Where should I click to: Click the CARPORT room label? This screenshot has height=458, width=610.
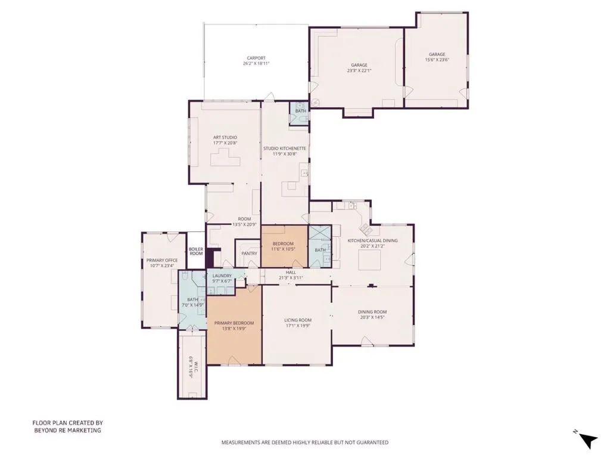point(256,58)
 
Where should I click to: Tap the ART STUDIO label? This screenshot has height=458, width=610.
point(225,138)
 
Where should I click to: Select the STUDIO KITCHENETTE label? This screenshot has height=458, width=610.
point(285,148)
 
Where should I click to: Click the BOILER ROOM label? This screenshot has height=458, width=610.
point(196,251)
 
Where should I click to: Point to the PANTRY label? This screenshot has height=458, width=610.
point(249,253)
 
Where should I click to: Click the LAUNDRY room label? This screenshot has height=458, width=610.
point(222,276)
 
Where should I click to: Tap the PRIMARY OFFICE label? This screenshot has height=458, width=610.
point(162,260)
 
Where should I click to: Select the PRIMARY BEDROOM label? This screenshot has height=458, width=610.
point(234,323)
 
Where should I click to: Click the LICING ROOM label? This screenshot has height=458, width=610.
point(298,320)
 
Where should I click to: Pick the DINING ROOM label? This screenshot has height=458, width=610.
point(372,311)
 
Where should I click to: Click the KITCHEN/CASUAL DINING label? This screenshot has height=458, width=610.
point(373,241)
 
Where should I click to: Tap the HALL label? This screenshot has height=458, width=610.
point(291,272)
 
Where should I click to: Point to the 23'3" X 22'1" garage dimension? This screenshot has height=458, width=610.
point(359,71)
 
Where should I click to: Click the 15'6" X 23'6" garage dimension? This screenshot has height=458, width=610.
point(437,60)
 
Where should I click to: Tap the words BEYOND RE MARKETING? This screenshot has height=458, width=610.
point(68,431)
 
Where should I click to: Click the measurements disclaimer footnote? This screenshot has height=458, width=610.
point(305,442)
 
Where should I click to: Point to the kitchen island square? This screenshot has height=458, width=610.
point(369,260)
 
